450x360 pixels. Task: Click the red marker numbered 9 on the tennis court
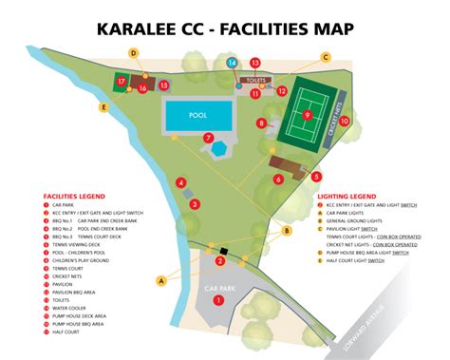(x=307, y=114)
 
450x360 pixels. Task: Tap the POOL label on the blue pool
(x=198, y=116)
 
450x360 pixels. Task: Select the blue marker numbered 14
(x=233, y=64)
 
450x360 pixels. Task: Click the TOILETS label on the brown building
(x=254, y=80)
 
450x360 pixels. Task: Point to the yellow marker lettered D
(x=134, y=53)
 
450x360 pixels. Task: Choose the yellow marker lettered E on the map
(x=103, y=107)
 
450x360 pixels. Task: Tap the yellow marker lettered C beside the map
(x=325, y=57)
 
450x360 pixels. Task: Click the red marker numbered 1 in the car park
(x=219, y=299)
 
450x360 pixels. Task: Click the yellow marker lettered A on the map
(x=160, y=280)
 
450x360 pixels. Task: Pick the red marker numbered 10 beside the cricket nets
(x=345, y=122)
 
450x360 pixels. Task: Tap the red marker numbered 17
(x=122, y=83)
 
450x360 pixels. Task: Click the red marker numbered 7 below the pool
(x=208, y=138)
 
